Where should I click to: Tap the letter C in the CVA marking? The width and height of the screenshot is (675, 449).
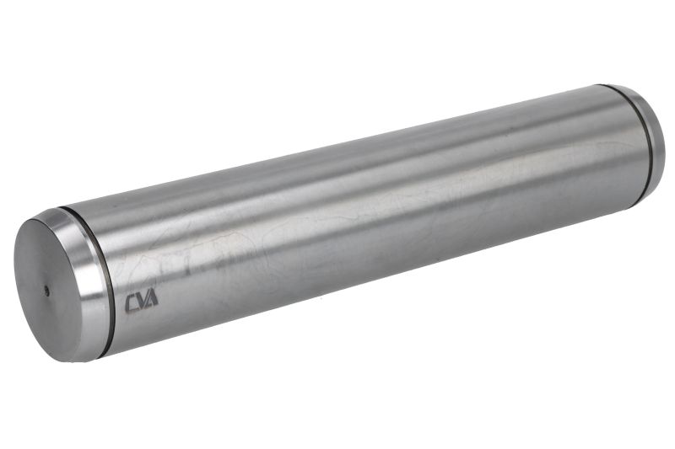tap(131, 304)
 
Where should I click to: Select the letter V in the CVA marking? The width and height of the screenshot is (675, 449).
tap(141, 302)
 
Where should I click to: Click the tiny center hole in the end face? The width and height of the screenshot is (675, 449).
tap(47, 291)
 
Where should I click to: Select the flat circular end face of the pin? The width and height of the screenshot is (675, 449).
tap(47, 290)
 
